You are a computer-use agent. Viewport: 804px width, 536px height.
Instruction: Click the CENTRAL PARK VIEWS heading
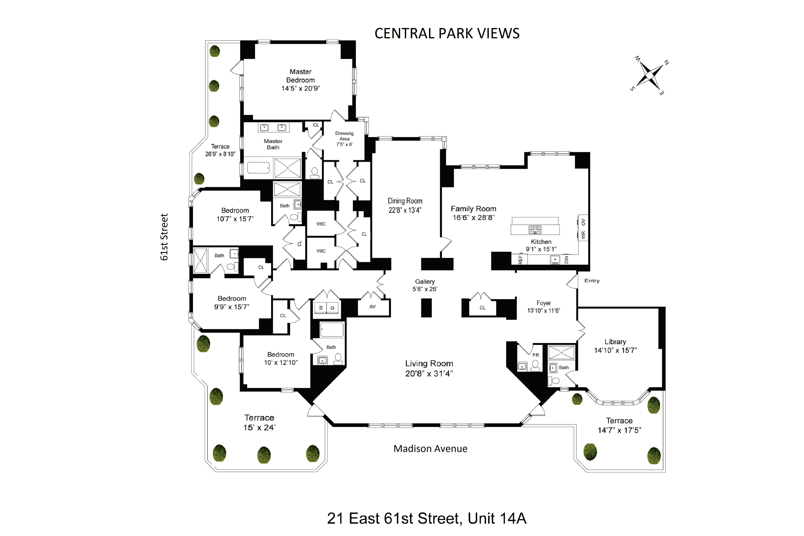tap(447, 33)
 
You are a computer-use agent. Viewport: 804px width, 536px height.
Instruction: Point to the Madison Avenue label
tap(430, 449)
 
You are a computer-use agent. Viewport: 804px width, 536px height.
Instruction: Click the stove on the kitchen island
tap(535, 229)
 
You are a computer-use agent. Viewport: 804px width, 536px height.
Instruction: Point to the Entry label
tap(592, 281)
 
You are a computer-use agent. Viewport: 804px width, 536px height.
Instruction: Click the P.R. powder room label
tap(536, 355)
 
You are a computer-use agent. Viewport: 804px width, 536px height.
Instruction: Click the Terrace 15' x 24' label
tap(259, 418)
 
